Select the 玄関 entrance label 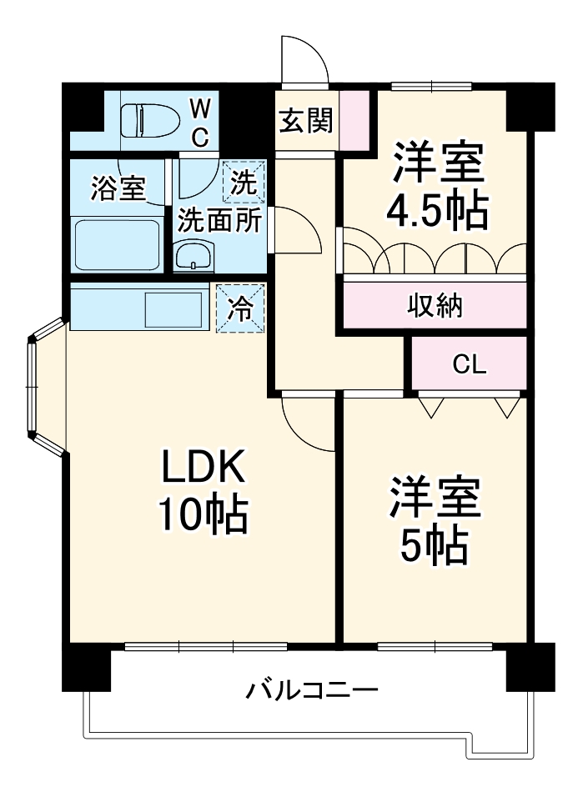pyautogui.click(x=305, y=122)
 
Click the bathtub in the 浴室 pyautogui.click(x=117, y=246)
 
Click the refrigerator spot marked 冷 pyautogui.click(x=240, y=308)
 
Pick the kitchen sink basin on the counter pyautogui.click(x=173, y=309)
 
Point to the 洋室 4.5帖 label pyautogui.click(x=436, y=188)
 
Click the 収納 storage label pyautogui.click(x=435, y=306)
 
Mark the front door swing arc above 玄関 pyautogui.click(x=304, y=60)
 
